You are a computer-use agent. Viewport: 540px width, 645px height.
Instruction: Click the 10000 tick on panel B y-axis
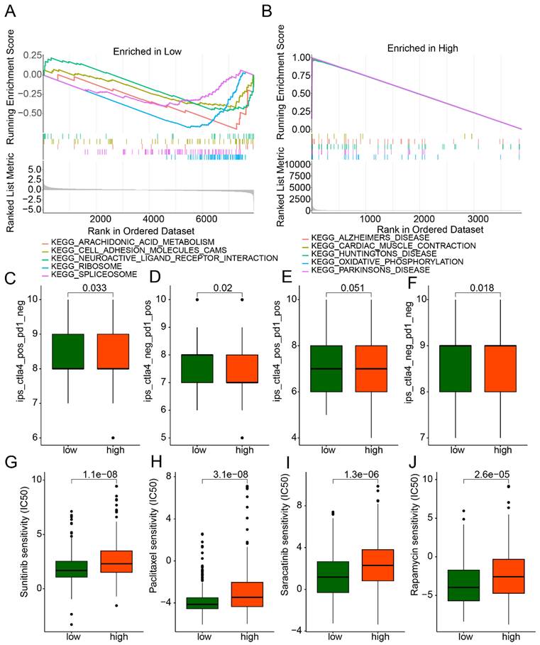tap(292, 164)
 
